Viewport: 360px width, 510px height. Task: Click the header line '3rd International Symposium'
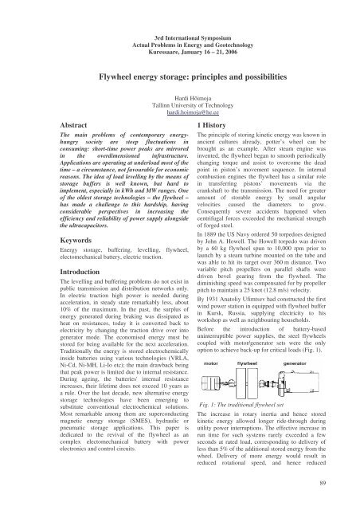(x=180, y=15)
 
